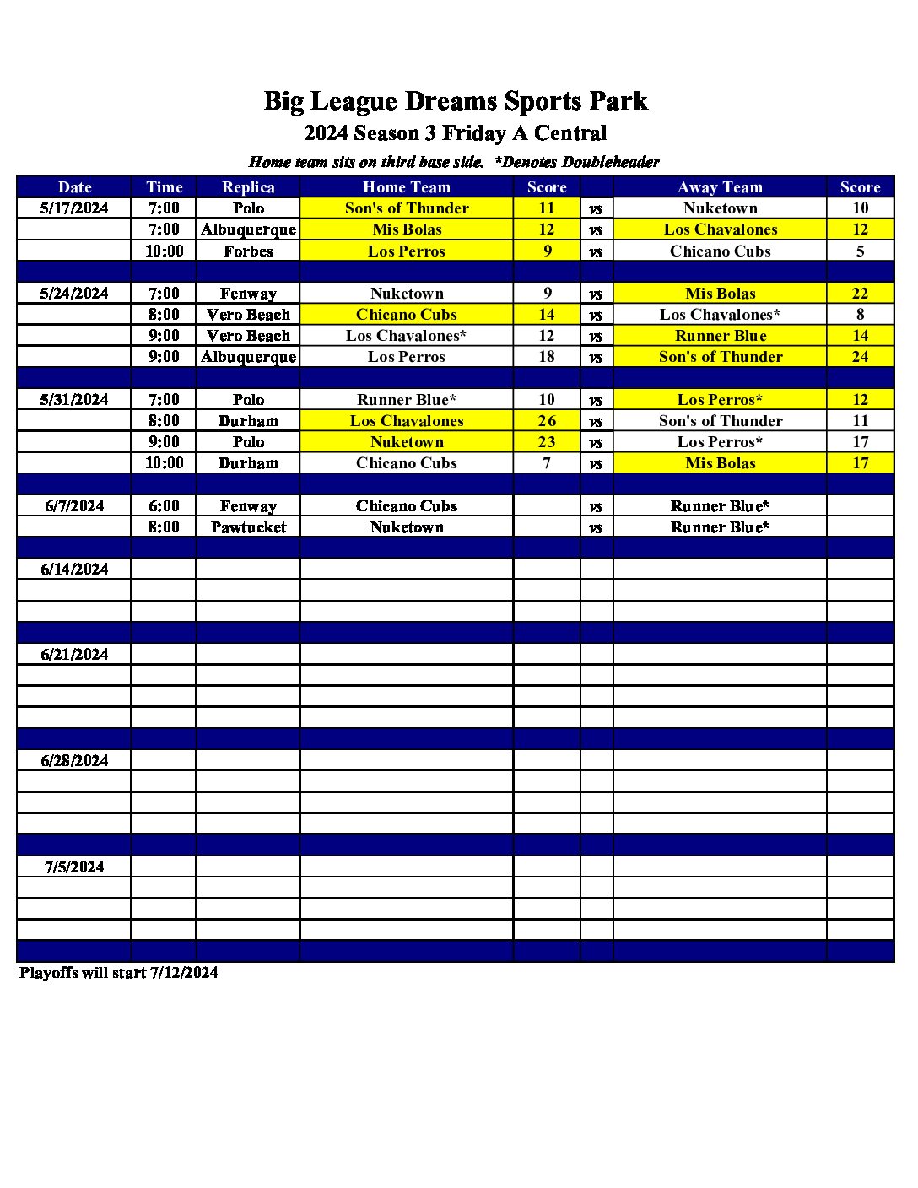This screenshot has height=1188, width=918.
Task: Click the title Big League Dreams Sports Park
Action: (x=456, y=101)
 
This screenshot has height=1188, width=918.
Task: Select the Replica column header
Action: (x=248, y=187)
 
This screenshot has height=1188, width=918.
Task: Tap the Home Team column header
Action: (x=406, y=187)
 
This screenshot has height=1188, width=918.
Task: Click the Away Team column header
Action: (x=720, y=187)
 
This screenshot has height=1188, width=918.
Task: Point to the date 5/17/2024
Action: (x=74, y=208)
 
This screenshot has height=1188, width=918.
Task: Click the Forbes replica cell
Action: (x=248, y=251)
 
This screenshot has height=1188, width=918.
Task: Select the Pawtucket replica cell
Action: (x=248, y=527)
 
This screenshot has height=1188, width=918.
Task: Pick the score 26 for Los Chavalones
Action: (x=547, y=421)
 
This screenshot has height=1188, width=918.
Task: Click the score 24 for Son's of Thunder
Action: (x=860, y=357)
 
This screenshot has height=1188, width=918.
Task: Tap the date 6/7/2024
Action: (x=74, y=506)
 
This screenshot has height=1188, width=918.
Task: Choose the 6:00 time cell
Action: (x=164, y=506)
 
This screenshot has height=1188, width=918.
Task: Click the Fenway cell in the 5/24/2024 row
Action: (x=248, y=294)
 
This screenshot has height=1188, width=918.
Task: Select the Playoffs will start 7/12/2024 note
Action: (x=119, y=973)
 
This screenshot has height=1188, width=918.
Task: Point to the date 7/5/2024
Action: (x=74, y=867)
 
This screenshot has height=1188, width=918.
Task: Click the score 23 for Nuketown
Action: (x=547, y=442)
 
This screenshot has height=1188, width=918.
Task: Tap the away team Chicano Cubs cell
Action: (x=720, y=251)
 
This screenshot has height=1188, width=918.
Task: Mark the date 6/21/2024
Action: (x=74, y=655)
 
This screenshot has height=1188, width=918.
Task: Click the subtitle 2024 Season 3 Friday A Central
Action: (x=456, y=133)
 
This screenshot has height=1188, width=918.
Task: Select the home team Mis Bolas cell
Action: (x=406, y=229)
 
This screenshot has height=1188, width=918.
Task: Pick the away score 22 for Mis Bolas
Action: (x=860, y=294)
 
